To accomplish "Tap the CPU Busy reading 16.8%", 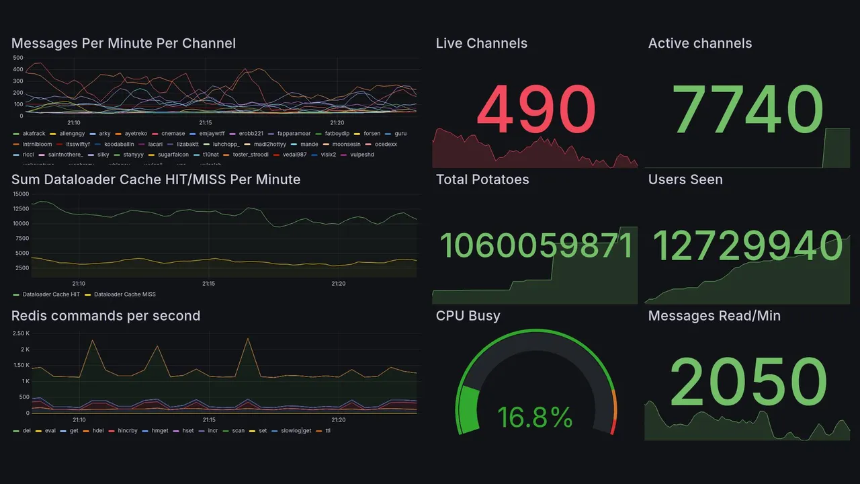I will (x=535, y=417).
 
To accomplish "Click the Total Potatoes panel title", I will (x=482, y=179).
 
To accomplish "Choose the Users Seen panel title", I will (x=685, y=179).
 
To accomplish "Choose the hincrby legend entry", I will (x=128, y=430).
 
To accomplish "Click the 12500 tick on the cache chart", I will (x=20, y=208).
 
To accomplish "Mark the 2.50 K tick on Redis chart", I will (x=21, y=333).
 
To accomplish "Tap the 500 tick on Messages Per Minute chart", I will (x=17, y=58).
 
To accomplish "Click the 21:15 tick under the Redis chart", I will (x=209, y=420).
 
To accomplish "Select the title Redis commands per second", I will (x=105, y=316).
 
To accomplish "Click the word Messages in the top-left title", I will (x=44, y=44).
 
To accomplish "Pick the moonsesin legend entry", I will (x=347, y=144).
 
